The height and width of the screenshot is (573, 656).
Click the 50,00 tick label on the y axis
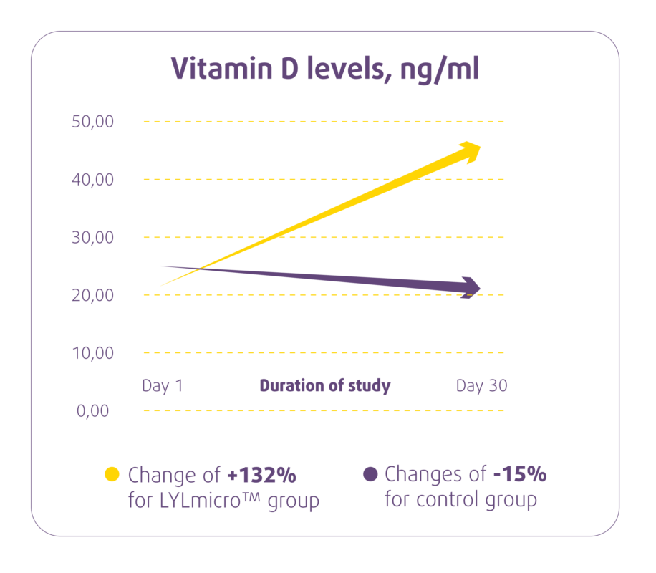[x=93, y=121]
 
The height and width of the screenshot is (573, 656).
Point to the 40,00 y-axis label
[x=93, y=179]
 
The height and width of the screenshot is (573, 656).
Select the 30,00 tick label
[x=93, y=237]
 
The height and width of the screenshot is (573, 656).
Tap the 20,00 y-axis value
[x=93, y=295]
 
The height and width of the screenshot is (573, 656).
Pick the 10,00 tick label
[x=93, y=353]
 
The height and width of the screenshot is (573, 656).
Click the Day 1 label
[x=163, y=385]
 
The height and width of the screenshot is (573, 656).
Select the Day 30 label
[x=481, y=385]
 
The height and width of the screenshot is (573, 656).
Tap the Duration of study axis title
[x=325, y=385]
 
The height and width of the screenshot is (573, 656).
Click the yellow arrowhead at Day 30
[x=469, y=150]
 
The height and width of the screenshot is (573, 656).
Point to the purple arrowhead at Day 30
[x=471, y=287]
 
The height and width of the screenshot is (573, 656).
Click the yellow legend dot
[x=112, y=473]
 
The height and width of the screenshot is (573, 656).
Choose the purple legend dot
[x=370, y=473]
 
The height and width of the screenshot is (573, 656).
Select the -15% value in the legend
[x=520, y=474]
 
